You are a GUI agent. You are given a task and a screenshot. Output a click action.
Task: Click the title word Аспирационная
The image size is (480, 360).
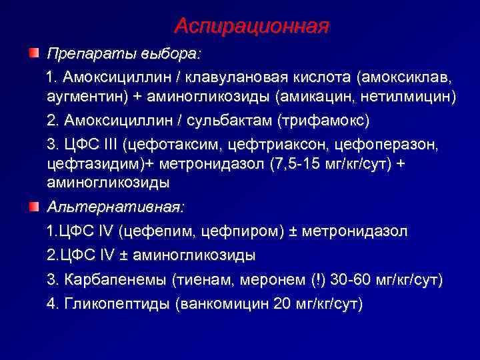coord(251,26)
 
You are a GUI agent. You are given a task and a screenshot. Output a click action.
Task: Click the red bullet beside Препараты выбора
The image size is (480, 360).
coord(33,52)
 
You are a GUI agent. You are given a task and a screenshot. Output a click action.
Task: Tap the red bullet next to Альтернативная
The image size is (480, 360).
coord(33,207)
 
